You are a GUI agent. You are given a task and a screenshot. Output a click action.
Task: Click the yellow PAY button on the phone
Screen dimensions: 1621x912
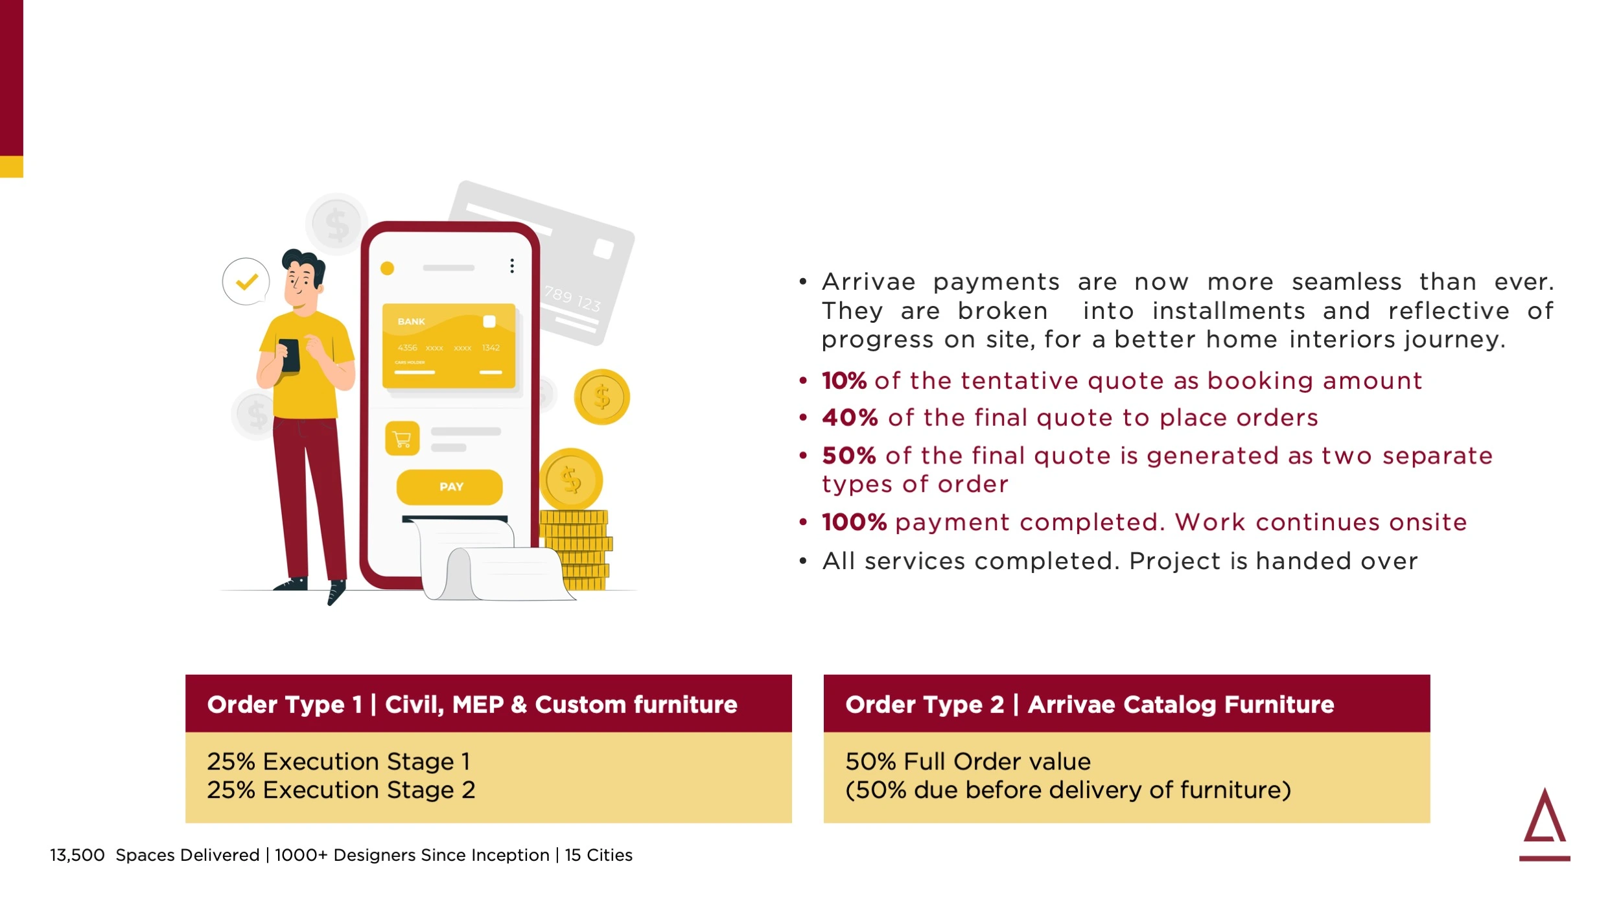(x=449, y=487)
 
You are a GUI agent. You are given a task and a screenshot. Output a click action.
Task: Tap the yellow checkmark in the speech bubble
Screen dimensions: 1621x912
(x=247, y=281)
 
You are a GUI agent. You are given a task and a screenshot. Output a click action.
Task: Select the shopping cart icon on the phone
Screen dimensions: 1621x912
(x=402, y=439)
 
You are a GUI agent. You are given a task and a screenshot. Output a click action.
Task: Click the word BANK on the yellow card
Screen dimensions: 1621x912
(x=412, y=322)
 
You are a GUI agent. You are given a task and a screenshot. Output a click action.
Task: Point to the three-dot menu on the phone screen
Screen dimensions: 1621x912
(x=512, y=266)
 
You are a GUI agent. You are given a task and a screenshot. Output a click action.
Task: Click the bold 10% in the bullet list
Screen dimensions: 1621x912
(x=844, y=380)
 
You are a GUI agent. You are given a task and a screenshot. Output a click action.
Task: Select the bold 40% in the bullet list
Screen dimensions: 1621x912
(x=850, y=417)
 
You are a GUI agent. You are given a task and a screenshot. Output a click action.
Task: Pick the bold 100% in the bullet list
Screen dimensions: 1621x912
(x=854, y=522)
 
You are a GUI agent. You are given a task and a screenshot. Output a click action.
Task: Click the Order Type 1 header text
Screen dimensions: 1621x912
(x=472, y=705)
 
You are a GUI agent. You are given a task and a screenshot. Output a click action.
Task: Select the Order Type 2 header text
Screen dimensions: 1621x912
(x=1090, y=705)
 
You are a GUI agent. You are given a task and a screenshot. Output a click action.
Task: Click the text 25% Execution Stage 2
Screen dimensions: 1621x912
(x=341, y=790)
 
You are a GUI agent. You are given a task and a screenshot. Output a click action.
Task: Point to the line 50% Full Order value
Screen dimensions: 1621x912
(x=968, y=762)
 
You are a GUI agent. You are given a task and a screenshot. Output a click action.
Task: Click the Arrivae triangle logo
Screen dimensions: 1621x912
(x=1545, y=823)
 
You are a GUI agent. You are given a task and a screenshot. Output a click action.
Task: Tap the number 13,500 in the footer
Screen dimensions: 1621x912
(x=77, y=856)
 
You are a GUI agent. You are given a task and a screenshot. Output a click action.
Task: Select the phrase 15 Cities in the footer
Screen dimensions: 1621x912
(x=598, y=856)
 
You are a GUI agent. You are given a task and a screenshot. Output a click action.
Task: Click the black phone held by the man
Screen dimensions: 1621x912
(x=290, y=356)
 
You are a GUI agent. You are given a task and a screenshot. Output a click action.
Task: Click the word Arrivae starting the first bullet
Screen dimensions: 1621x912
(x=869, y=282)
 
